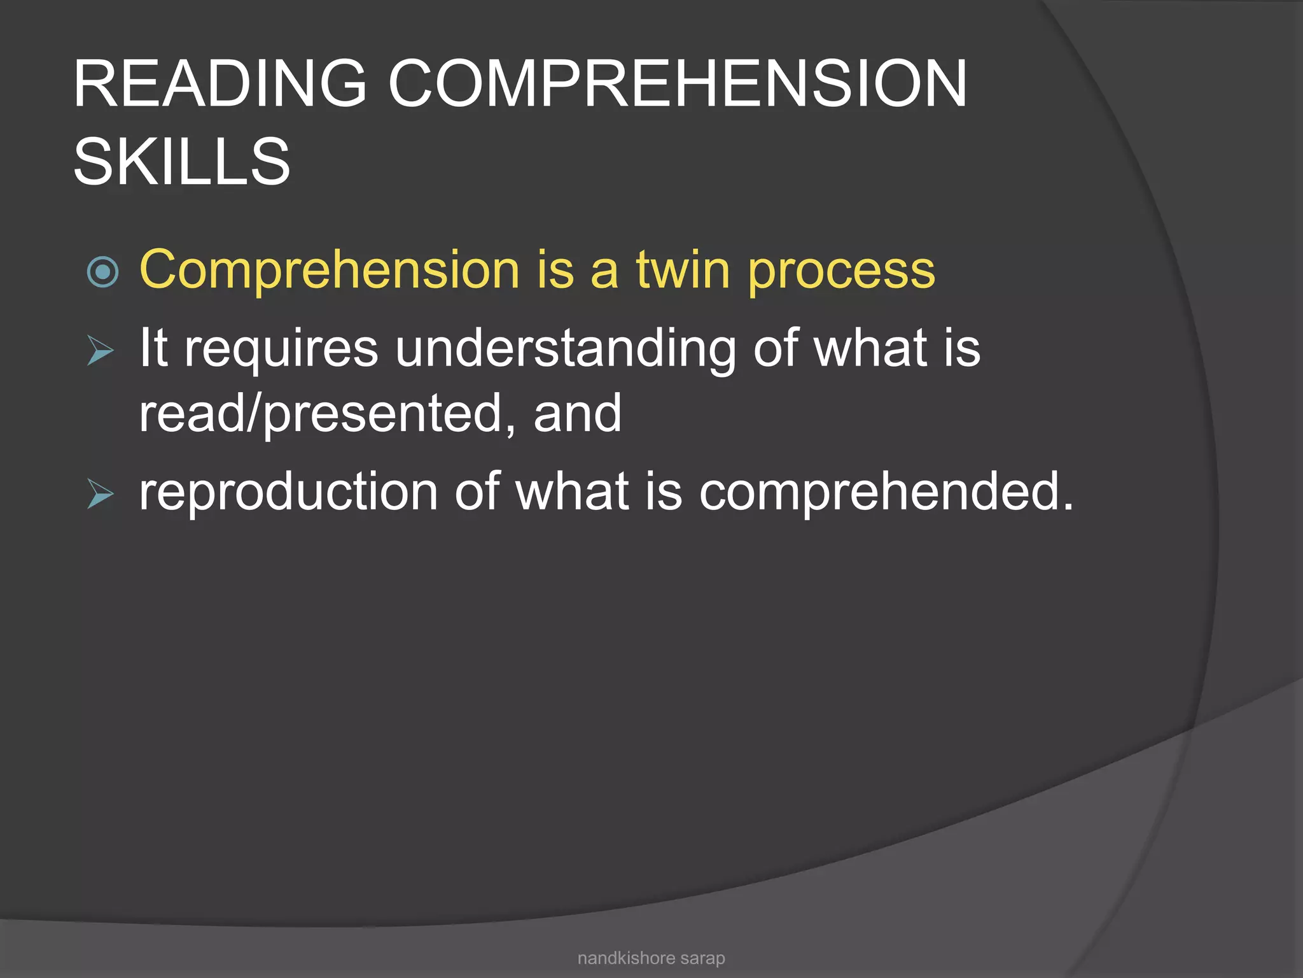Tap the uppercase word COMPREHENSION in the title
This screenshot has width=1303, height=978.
pos(678,84)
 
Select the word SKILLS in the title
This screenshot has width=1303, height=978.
pos(182,162)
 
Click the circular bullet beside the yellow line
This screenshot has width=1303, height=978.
pos(102,272)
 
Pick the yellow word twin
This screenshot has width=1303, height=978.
pos(683,269)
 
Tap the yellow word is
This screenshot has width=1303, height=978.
pos(555,269)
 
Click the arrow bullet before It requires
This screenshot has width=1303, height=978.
pos(101,351)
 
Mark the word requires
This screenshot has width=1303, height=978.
pos(281,350)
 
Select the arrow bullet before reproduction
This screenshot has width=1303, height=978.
pos(101,494)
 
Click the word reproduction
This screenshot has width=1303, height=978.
pos(288,492)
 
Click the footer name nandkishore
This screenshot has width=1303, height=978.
pos(626,958)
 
